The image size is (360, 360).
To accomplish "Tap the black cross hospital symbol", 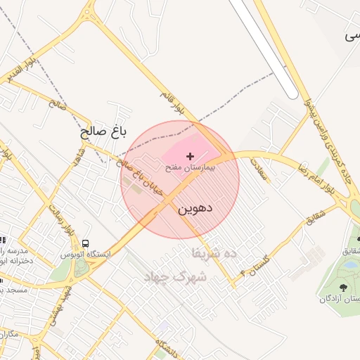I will pyautogui.click(x=190, y=155).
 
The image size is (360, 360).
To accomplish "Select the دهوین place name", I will pyautogui.click(x=195, y=209).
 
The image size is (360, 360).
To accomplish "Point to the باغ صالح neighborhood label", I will pyautogui.click(x=103, y=131).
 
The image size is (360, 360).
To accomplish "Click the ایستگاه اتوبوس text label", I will pyautogui.click(x=85, y=254).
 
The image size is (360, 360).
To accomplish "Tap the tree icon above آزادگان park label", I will pyautogui.click(x=343, y=288).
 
